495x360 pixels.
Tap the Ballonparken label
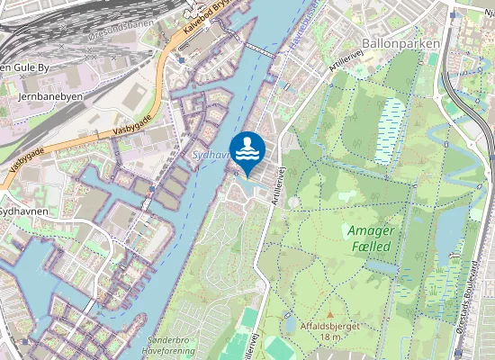tap(400, 42)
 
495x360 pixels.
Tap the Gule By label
tap(22, 67)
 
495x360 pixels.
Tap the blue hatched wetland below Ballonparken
tap(390, 130)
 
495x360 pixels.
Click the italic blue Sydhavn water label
tap(210, 155)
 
